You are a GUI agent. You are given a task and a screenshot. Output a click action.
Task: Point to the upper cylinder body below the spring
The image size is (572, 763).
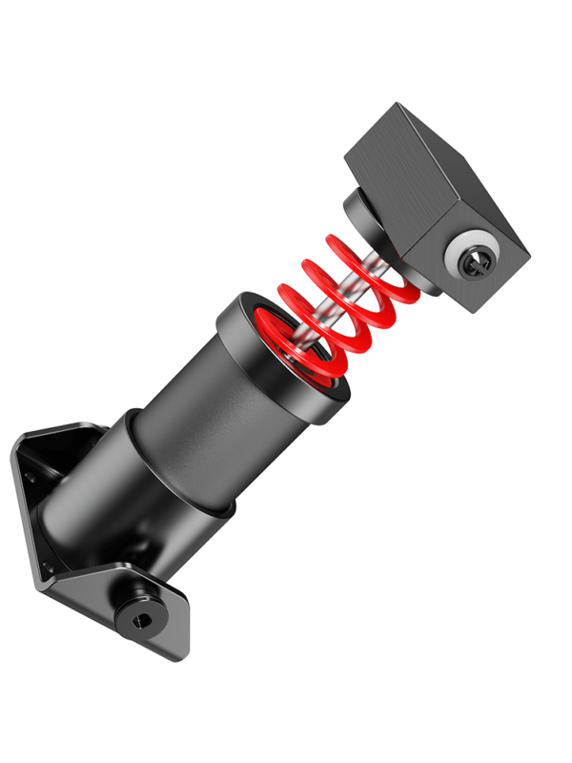219,401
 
